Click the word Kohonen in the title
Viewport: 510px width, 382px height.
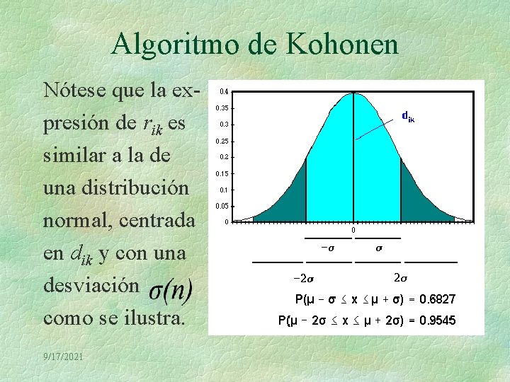click(x=342, y=45)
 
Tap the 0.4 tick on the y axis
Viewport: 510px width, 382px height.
click(x=224, y=91)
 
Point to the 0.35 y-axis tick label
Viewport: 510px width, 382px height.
click(x=222, y=108)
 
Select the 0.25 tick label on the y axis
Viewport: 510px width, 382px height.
click(x=222, y=141)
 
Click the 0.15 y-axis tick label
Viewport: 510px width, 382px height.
click(x=222, y=173)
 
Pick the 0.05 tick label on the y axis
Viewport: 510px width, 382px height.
click(x=222, y=207)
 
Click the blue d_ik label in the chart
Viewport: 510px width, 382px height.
click(x=408, y=116)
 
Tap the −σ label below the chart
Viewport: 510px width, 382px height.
click(x=327, y=248)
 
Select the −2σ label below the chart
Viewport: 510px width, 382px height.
click(x=305, y=277)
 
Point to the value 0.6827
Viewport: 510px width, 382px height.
click(x=438, y=300)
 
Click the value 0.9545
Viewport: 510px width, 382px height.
click(x=438, y=321)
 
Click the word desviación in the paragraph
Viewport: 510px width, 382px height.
click(x=90, y=284)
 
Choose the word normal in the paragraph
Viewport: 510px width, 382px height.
click(x=76, y=221)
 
